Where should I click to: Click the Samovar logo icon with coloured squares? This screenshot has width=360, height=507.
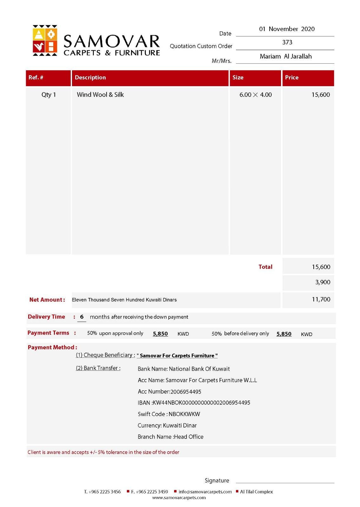click(45, 41)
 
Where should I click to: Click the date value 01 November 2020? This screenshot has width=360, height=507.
click(287, 29)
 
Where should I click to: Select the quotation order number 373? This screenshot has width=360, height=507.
click(287, 42)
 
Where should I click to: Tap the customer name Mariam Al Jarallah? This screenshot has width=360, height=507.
click(285, 57)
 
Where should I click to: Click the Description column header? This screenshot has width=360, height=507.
click(90, 78)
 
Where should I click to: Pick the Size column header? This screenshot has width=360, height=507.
click(238, 78)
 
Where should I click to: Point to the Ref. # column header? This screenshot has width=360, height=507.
click(36, 78)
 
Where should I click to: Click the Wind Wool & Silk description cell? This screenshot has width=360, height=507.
click(100, 95)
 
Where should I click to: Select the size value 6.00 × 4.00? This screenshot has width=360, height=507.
click(255, 95)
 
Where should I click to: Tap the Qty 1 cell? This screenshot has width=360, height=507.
click(49, 95)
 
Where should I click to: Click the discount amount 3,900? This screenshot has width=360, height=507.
click(323, 282)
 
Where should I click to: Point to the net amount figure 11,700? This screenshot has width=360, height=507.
click(321, 299)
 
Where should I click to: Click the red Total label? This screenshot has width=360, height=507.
click(265, 267)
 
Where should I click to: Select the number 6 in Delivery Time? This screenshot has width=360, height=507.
click(82, 317)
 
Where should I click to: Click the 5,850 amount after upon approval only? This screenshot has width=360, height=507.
click(160, 334)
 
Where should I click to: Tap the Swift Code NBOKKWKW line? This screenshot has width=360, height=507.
click(169, 414)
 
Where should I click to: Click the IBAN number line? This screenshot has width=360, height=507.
click(194, 403)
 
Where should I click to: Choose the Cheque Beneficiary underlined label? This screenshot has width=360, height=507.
click(105, 355)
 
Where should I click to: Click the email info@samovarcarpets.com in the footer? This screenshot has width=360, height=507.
click(205, 492)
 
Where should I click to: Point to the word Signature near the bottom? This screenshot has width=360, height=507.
click(217, 481)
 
